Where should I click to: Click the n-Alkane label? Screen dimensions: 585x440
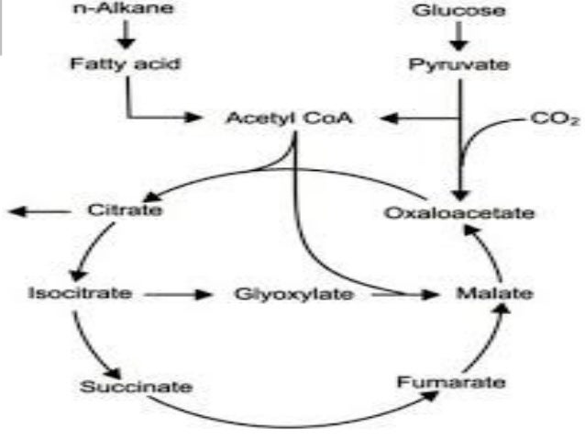coord(127,11)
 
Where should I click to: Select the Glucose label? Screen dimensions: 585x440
coord(458,12)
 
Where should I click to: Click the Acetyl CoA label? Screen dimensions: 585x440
coord(291,118)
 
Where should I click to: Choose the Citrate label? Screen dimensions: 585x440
coord(125,210)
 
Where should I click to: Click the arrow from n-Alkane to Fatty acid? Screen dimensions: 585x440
coord(127,35)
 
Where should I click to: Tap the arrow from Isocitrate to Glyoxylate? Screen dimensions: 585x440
coord(174,295)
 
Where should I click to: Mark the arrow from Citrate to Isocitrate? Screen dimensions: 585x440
coord(94,252)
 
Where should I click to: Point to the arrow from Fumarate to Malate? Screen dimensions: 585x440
coord(490,339)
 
